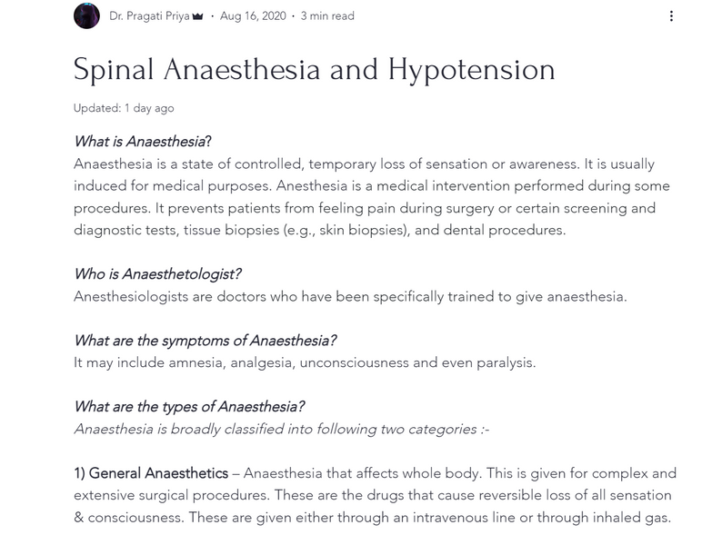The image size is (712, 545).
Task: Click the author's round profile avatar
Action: (86, 15)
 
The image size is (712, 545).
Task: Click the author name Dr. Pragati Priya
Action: (149, 15)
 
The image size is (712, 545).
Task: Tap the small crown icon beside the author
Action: (197, 15)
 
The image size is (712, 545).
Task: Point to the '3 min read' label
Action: (327, 15)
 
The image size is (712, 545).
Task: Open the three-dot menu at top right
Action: (671, 15)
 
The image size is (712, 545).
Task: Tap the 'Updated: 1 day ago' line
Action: (124, 108)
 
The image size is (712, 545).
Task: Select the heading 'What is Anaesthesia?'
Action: (143, 142)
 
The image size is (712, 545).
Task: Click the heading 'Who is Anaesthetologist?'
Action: (157, 274)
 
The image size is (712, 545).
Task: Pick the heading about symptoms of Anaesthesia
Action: (206, 341)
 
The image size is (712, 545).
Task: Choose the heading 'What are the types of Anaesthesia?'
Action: (189, 407)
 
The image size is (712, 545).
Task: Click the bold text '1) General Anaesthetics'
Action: (151, 473)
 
